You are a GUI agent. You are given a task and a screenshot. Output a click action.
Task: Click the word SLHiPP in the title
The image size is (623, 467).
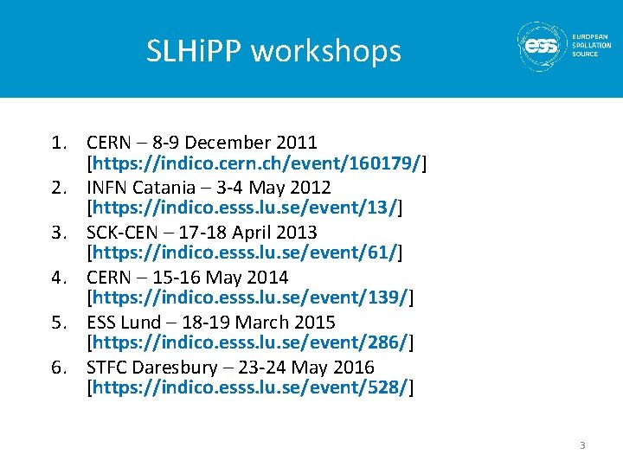click(x=195, y=51)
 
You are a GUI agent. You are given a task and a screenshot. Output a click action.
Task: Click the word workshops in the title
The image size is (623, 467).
click(x=326, y=51)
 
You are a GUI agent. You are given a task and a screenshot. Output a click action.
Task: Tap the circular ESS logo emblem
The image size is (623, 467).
click(x=543, y=47)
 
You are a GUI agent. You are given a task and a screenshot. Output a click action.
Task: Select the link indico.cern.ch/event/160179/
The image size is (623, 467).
click(x=258, y=163)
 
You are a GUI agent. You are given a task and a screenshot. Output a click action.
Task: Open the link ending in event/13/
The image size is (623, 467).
click(x=246, y=208)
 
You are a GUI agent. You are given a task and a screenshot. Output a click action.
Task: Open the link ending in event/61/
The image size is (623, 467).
click(x=246, y=253)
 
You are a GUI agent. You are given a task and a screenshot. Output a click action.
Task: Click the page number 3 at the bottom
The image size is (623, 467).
click(x=582, y=445)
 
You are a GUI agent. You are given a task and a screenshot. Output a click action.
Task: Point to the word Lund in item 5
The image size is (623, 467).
click(x=142, y=323)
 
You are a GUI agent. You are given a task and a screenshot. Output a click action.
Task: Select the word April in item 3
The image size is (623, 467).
click(x=257, y=233)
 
